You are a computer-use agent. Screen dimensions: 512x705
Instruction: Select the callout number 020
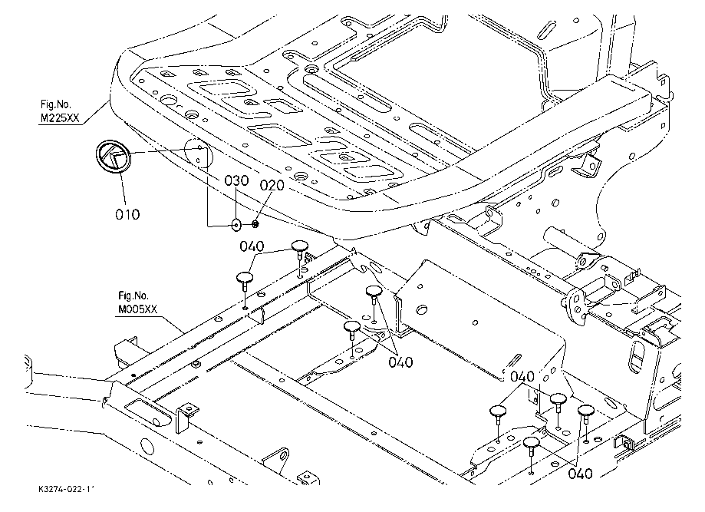272,185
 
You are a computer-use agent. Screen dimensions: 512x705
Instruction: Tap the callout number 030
237,181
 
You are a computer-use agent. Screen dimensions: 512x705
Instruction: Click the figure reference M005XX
137,309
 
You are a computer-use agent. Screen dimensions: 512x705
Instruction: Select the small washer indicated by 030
236,225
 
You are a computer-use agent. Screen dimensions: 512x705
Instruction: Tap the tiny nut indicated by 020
255,225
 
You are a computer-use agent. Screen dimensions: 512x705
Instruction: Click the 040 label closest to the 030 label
251,247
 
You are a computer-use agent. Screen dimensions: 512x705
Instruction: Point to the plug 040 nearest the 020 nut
299,246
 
